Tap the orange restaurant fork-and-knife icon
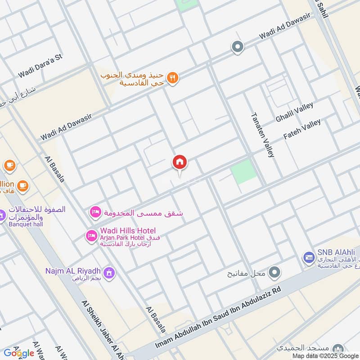173,78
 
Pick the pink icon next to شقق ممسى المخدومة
95,212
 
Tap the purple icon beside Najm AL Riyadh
108,272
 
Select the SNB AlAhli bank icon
308,257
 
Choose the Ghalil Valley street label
294,113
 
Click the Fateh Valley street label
302,130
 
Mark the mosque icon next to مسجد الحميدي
338,349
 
